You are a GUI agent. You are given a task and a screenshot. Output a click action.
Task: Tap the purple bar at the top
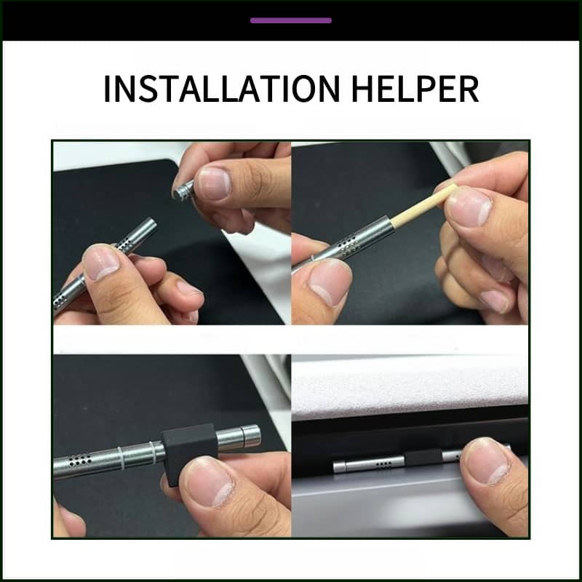[291, 20]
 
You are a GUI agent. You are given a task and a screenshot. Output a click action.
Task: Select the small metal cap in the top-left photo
[183, 190]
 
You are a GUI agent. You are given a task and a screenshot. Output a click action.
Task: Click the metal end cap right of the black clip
[243, 438]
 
